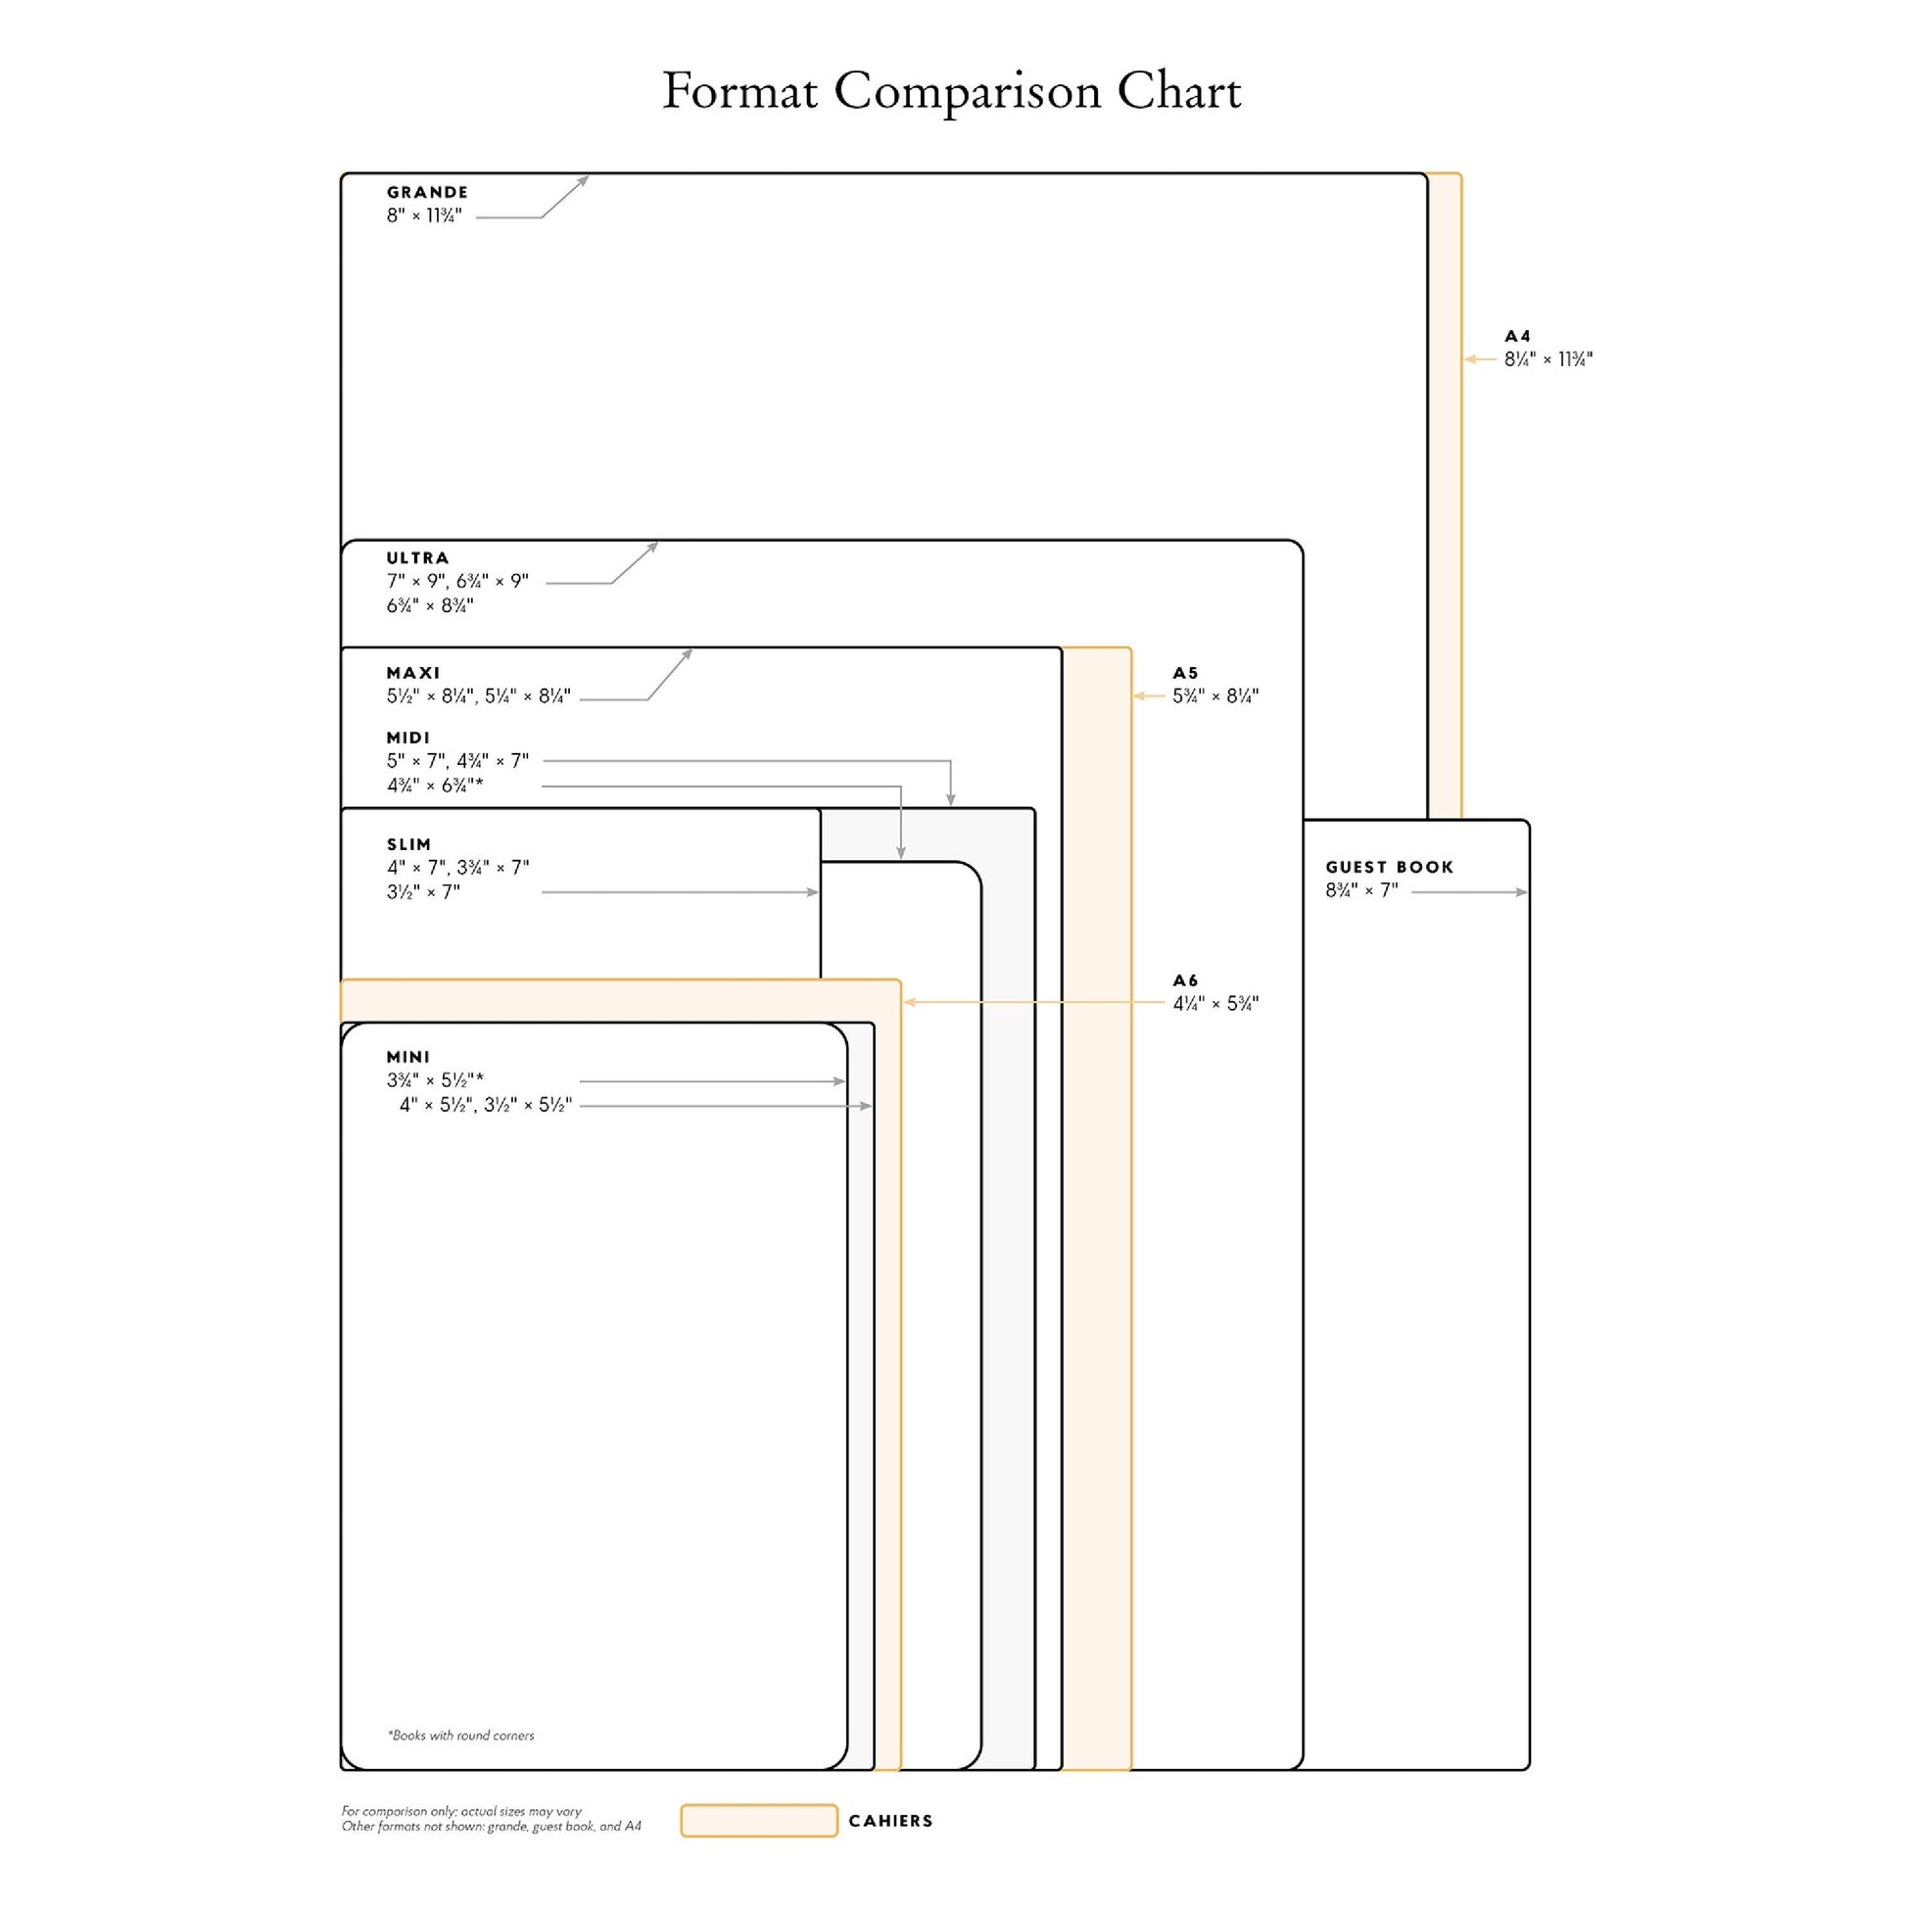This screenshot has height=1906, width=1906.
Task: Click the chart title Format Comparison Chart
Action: (951, 93)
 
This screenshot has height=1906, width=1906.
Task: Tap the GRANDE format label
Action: (427, 192)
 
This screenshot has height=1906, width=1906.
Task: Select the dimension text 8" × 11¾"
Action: (424, 216)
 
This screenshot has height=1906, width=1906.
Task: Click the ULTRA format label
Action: (417, 558)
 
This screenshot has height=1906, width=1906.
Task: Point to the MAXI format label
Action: (413, 673)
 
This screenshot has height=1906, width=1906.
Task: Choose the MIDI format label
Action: (408, 738)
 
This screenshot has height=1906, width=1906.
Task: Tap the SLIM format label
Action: (408, 844)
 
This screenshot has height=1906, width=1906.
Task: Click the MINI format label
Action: (408, 1057)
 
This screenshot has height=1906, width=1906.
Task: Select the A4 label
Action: (1517, 336)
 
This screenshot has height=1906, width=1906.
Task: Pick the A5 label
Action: (1185, 673)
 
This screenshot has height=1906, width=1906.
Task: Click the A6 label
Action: (1185, 980)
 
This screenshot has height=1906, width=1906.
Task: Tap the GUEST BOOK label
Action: (1389, 867)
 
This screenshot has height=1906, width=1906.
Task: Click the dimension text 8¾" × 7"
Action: (1361, 891)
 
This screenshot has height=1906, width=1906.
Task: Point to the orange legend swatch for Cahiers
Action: (759, 1820)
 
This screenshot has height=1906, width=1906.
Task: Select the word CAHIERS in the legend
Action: (890, 1821)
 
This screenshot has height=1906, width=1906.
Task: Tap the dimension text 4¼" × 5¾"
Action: (1215, 1004)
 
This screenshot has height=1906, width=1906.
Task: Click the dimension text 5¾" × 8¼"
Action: (1215, 696)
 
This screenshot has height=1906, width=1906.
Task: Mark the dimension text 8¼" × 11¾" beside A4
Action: (1548, 360)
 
